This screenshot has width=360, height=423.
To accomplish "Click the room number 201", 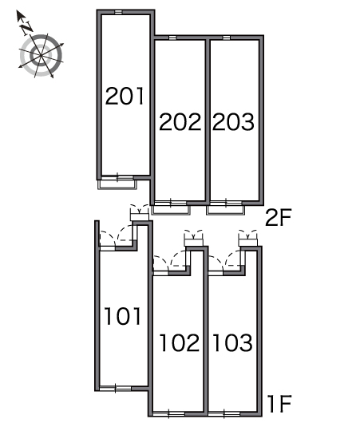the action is point(125,96).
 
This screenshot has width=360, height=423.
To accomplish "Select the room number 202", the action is point(180,122).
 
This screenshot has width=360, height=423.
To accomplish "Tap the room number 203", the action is point(233,122).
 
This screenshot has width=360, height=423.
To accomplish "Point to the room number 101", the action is point(123,316).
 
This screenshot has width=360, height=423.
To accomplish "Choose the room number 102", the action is point(180,342).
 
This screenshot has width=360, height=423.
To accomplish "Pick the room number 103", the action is point(233,342).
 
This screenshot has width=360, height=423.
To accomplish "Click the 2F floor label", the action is point(279,218).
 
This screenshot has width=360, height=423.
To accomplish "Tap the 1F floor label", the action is point(279,404).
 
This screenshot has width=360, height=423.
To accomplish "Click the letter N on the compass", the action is point(26,28).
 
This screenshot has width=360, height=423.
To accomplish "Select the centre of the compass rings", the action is point(41,55).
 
